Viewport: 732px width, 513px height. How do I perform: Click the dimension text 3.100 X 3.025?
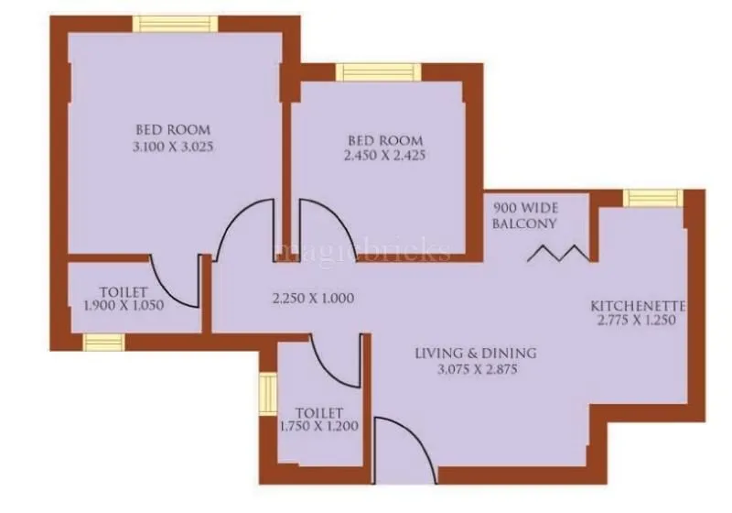tap(173, 146)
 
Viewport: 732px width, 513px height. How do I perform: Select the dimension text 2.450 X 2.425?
tap(385, 156)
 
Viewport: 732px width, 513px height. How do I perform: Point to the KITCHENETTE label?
tap(638, 305)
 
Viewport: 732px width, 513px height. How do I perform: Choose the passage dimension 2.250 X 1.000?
tap(313, 298)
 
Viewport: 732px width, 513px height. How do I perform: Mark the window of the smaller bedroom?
tap(377, 72)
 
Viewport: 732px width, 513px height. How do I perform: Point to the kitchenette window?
tap(652, 198)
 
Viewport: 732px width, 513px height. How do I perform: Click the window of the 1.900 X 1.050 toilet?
tap(102, 342)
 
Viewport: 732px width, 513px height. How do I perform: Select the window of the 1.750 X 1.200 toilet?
tap(267, 395)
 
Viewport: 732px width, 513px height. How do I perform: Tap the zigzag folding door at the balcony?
tap(558, 252)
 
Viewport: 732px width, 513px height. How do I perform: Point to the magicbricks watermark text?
tap(366, 251)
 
